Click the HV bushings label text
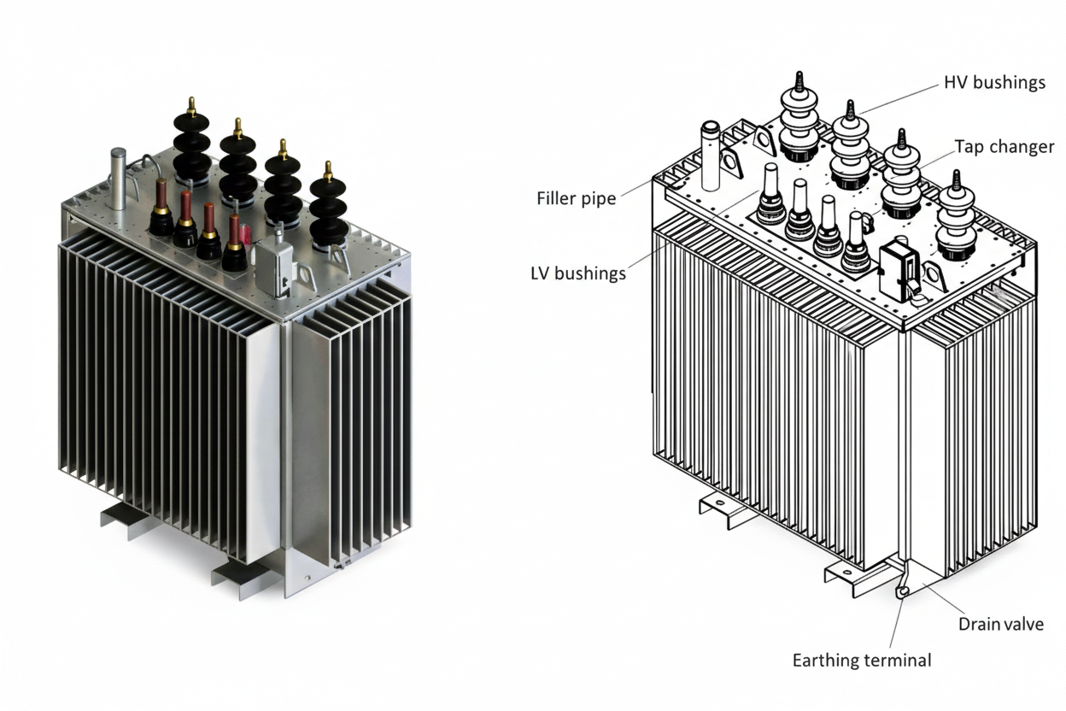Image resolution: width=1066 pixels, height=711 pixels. pyautogui.click(x=994, y=83)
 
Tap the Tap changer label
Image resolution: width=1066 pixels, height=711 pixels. pyautogui.click(x=1004, y=147)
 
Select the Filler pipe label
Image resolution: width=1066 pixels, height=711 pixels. pyautogui.click(x=577, y=198)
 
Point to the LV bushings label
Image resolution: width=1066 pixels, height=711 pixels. pyautogui.click(x=578, y=273)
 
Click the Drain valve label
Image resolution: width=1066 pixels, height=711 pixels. pyautogui.click(x=1000, y=624)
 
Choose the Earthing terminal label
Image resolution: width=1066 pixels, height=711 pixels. pyautogui.click(x=861, y=660)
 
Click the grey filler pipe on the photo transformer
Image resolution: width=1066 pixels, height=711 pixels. pyautogui.click(x=118, y=175)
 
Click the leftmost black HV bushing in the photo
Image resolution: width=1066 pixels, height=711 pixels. pyautogui.click(x=191, y=145)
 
